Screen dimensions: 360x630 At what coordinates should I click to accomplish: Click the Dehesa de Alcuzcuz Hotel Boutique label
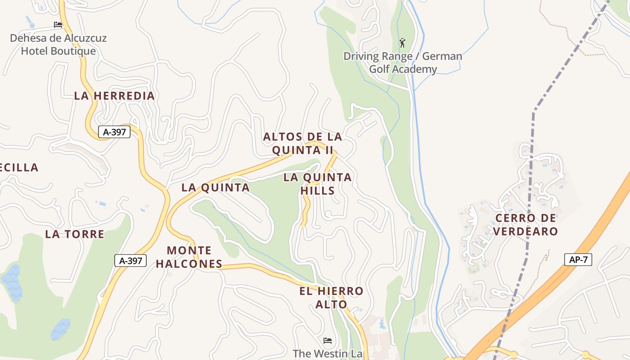pyautogui.click(x=58, y=44)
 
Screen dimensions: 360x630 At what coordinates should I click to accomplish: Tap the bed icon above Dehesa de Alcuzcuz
pyautogui.click(x=58, y=24)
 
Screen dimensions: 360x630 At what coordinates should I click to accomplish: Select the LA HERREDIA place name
pyautogui.click(x=114, y=96)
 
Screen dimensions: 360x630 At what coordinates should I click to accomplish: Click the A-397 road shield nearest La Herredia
pyautogui.click(x=114, y=132)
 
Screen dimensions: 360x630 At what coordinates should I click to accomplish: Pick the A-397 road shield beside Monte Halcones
pyautogui.click(x=130, y=260)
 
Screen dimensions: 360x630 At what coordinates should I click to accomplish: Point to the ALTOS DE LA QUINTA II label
pyautogui.click(x=302, y=143)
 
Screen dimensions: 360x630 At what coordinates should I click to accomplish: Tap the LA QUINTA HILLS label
pyautogui.click(x=318, y=184)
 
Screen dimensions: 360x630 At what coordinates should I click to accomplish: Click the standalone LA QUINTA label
pyautogui.click(x=216, y=188)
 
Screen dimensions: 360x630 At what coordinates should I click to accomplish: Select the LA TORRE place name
pyautogui.click(x=75, y=234)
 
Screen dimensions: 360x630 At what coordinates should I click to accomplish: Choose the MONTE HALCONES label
pyautogui.click(x=189, y=257)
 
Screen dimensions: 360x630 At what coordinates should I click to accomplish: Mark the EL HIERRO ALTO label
pyautogui.click(x=331, y=297)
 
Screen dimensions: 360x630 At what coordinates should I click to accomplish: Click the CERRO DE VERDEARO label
pyautogui.click(x=526, y=225)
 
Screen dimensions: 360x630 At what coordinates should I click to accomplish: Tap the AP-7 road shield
pyautogui.click(x=578, y=259)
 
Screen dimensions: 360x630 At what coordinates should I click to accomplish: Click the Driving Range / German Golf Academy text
pyautogui.click(x=403, y=63)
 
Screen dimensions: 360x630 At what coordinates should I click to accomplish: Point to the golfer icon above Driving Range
pyautogui.click(x=402, y=43)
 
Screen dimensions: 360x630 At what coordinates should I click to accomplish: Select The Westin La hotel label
pyautogui.click(x=328, y=354)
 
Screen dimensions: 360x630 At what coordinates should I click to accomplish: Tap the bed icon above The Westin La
pyautogui.click(x=328, y=340)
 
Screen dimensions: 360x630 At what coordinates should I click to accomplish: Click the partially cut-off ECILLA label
pyautogui.click(x=19, y=168)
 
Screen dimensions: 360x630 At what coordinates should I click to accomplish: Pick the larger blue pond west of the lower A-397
pyautogui.click(x=12, y=282)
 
